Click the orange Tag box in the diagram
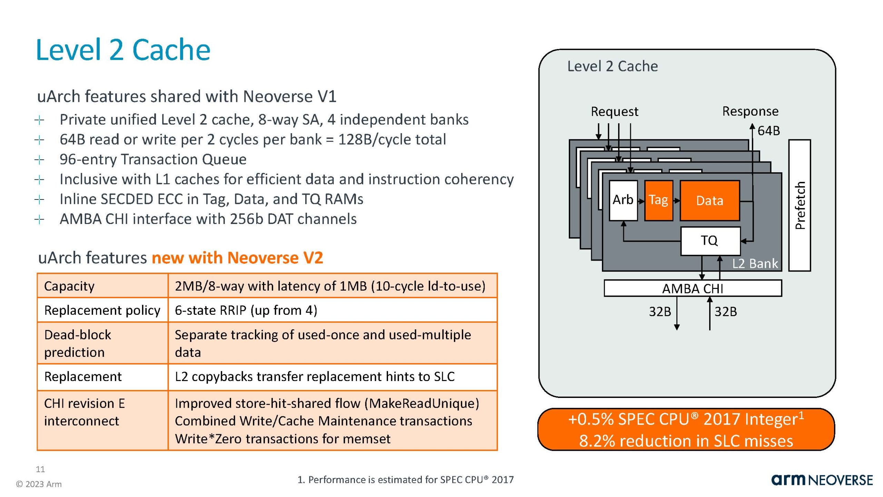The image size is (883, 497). point(658,200)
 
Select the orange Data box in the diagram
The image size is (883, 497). point(710,201)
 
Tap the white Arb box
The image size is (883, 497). point(623,200)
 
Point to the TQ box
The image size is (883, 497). point(710,241)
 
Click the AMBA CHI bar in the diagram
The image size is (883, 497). point(693,288)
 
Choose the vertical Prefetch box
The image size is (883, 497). point(800,205)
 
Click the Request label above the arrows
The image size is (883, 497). point(614,111)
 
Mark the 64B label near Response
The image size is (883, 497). point(768,131)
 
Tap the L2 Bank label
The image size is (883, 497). point(755,264)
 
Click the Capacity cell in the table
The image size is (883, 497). point(69,286)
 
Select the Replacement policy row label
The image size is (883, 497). point(102,310)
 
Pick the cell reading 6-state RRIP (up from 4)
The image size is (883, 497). point(246,310)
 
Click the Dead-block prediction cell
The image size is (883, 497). point(78,343)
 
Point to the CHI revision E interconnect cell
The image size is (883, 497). point(85,412)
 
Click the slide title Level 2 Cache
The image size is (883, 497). point(123,50)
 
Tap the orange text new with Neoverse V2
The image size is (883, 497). point(237,258)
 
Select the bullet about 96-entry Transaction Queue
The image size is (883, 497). point(153,159)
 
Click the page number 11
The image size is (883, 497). point(40,469)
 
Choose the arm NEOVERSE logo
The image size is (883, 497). point(822,480)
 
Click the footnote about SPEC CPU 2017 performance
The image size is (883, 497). point(405,480)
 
